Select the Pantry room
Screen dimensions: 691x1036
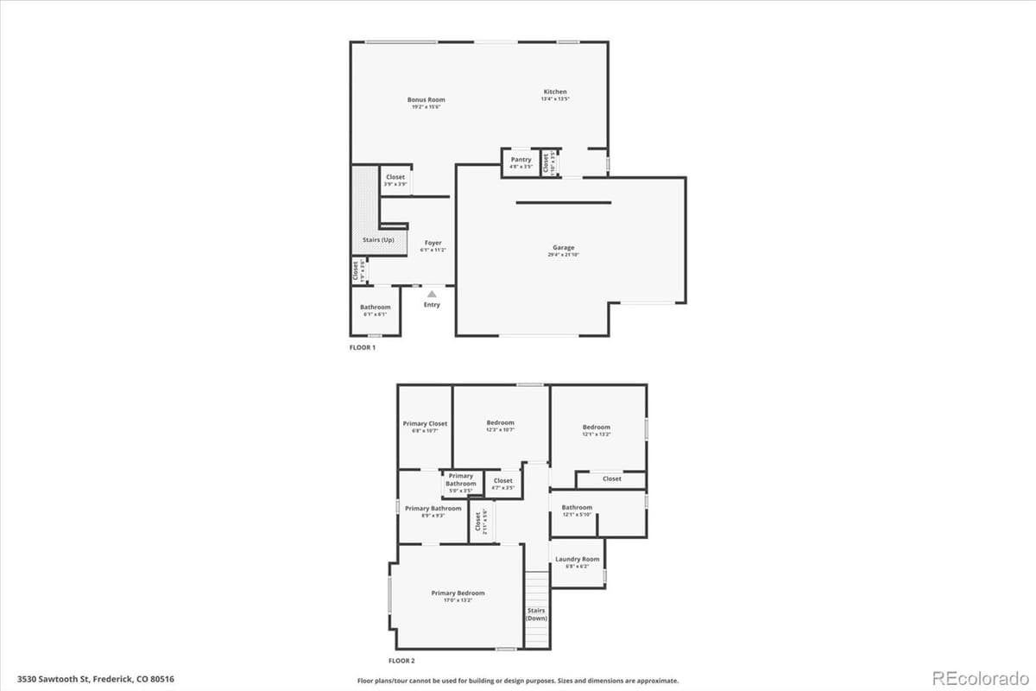pyautogui.click(x=521, y=162)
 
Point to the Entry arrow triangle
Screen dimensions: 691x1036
pyautogui.click(x=432, y=295)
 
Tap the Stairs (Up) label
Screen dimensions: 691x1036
pyautogui.click(x=378, y=239)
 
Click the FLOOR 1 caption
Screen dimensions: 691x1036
pyautogui.click(x=362, y=348)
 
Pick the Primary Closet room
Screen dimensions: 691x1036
pyautogui.click(x=425, y=426)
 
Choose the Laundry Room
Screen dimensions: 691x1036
pyautogui.click(x=577, y=561)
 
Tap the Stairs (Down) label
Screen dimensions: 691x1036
pyautogui.click(x=537, y=614)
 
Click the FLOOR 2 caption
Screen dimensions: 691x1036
pyautogui.click(x=401, y=661)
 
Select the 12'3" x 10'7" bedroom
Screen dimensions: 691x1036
pyautogui.click(x=501, y=425)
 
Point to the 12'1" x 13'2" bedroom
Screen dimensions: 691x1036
pyautogui.click(x=597, y=429)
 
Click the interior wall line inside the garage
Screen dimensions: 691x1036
pyautogui.click(x=564, y=203)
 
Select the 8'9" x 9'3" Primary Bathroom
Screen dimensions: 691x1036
pyautogui.click(x=433, y=510)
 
